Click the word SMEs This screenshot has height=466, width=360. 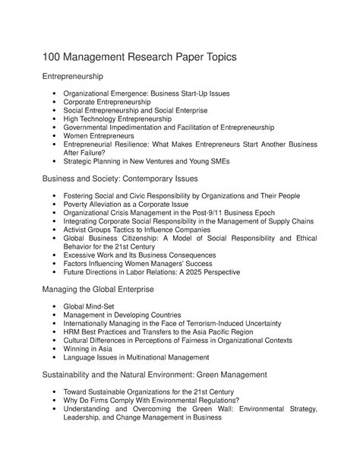238,161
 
